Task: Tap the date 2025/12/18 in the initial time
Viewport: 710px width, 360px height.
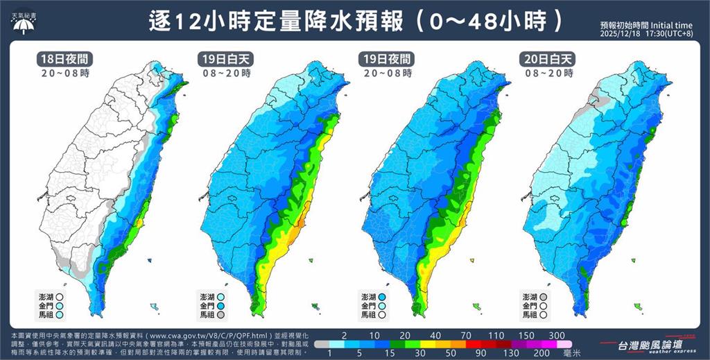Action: click(622, 33)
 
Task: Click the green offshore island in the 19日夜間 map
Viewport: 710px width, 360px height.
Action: click(477, 306)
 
